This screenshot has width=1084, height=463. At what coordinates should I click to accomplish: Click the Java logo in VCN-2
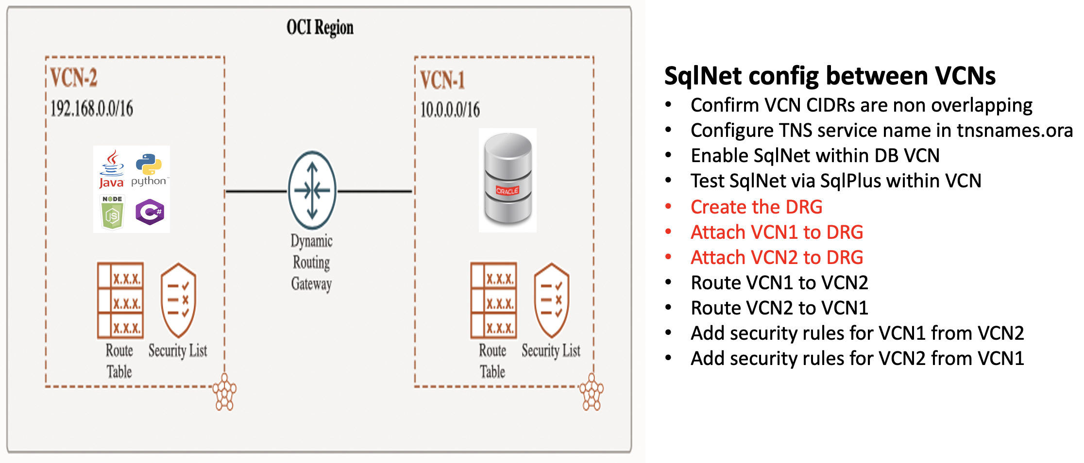(x=112, y=168)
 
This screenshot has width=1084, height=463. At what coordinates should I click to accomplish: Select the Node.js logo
(x=112, y=212)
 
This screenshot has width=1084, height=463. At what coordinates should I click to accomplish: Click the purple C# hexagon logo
(x=150, y=212)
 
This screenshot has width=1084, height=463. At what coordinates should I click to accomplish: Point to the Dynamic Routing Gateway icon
(x=312, y=190)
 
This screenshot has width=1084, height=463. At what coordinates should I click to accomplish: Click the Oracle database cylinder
(x=508, y=180)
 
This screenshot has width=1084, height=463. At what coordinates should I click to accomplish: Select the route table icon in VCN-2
(x=120, y=300)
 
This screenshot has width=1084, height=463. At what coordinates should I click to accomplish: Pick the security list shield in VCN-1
(x=551, y=300)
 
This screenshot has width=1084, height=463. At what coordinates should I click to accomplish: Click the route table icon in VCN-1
(x=493, y=300)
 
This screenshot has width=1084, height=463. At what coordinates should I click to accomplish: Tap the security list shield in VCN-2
(x=178, y=300)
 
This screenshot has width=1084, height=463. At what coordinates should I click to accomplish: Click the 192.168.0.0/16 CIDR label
(x=92, y=109)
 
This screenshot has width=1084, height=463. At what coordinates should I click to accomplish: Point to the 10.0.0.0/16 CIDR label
(x=450, y=110)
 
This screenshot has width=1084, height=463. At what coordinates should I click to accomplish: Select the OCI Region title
(x=320, y=28)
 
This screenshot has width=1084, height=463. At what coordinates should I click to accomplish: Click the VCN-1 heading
(x=442, y=80)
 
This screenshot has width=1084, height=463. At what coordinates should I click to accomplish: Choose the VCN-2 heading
(x=74, y=78)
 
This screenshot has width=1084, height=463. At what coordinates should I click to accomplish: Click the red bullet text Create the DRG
(x=756, y=207)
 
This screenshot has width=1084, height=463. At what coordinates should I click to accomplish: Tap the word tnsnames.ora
(x=1015, y=131)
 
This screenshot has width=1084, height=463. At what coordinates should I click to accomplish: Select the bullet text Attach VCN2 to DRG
(x=777, y=258)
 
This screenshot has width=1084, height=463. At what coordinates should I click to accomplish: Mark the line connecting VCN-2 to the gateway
(x=256, y=192)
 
